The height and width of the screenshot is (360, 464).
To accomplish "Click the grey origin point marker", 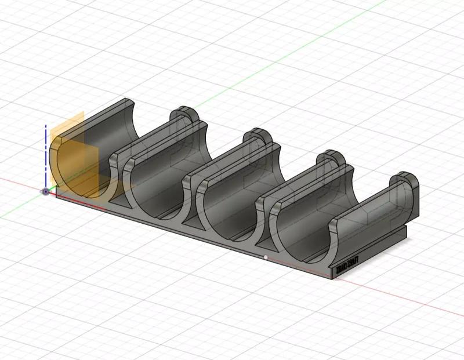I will pos(45,191).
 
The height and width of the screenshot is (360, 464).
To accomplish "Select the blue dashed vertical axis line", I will pos(45,154).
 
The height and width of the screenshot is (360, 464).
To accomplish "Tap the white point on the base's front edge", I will pos(266,257).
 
